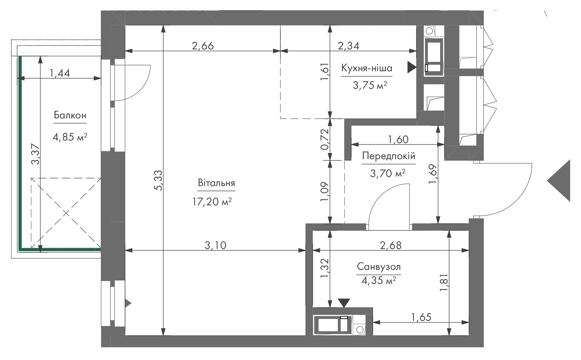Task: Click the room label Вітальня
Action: tap(216, 183)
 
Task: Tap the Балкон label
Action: tap(70, 115)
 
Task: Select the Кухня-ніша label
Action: tap(367, 68)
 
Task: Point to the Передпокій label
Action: tap(389, 156)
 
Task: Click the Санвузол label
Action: tap(379, 267)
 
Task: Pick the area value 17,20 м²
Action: tap(212, 201)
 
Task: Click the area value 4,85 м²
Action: tap(70, 137)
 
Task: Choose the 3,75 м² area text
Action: tap(370, 86)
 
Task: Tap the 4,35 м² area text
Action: tap(379, 281)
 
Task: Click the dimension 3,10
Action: tap(215, 245)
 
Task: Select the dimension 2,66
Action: tap(202, 46)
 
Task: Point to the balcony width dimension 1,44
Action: tap(60, 73)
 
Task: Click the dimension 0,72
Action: tap(325, 139)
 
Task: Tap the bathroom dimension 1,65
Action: tap(421, 317)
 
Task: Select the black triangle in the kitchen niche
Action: tap(412, 67)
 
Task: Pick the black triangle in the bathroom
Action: tap(344, 303)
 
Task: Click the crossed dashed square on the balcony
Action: tap(66, 213)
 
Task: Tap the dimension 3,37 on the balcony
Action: tap(35, 154)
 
